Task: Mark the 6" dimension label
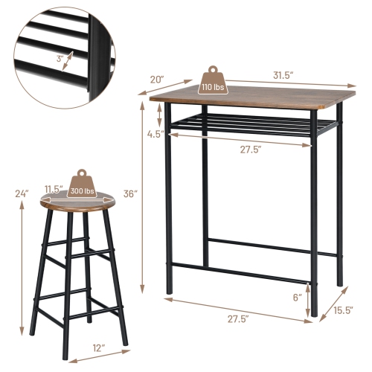click(297, 295)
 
